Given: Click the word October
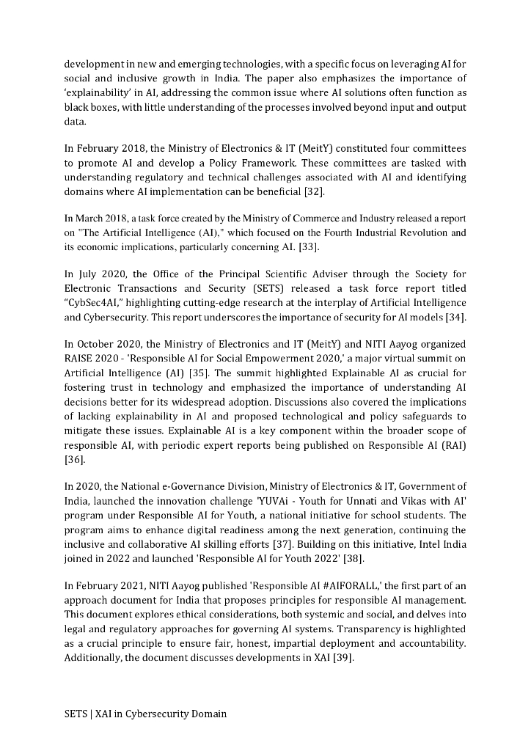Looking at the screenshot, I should [x=98, y=345].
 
